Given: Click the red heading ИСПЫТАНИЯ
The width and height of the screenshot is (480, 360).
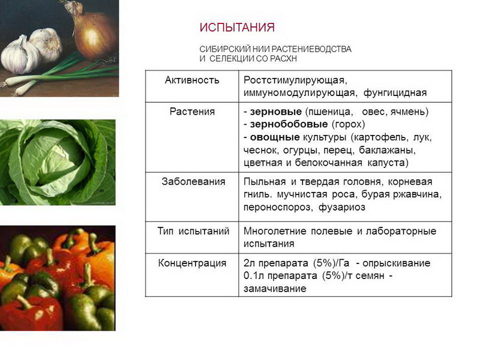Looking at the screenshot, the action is click(x=237, y=28).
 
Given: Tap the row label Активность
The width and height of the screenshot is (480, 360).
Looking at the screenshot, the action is click(x=192, y=80).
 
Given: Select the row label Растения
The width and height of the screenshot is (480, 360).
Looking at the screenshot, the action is click(x=192, y=112).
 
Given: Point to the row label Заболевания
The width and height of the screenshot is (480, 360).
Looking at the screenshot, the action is click(x=193, y=182).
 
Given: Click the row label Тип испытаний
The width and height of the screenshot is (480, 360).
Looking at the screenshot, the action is click(x=193, y=231).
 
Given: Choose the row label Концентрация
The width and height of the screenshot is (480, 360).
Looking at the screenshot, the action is click(x=192, y=263).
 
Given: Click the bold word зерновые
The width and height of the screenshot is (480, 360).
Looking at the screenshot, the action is click(x=276, y=112).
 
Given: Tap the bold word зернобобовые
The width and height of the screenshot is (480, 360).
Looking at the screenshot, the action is click(x=289, y=124).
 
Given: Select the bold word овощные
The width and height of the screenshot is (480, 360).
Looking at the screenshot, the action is click(x=275, y=137).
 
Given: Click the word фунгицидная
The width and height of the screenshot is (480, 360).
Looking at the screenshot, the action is click(x=395, y=93).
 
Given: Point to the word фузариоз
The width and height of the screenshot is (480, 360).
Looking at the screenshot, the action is click(x=342, y=208).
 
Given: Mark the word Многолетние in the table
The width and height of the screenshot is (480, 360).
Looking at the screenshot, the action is click(x=275, y=231).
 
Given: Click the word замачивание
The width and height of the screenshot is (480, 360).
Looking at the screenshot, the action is click(x=275, y=289).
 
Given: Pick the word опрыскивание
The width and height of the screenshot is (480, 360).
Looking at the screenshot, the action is click(x=397, y=263).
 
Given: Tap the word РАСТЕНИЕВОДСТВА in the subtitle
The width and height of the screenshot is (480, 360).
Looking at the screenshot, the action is click(x=311, y=49).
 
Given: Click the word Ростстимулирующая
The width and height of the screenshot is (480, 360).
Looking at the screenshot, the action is click(x=295, y=80).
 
